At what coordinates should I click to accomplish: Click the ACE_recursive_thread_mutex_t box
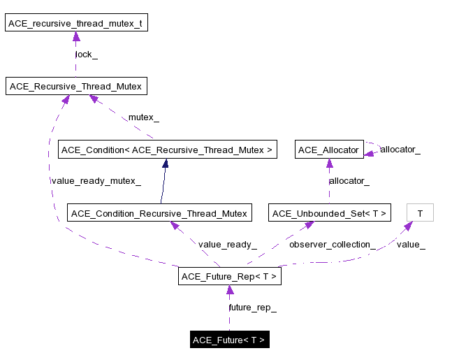click(x=75, y=24)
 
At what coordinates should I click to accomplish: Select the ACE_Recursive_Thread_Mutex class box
click(x=75, y=87)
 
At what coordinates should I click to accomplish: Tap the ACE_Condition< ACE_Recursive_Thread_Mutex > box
click(x=167, y=150)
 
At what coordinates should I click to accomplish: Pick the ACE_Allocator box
click(x=328, y=150)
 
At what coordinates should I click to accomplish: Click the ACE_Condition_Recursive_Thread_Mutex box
click(x=159, y=213)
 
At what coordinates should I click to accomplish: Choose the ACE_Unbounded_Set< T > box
click(x=329, y=213)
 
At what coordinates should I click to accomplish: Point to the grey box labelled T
click(x=419, y=213)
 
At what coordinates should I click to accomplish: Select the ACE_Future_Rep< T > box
click(x=229, y=276)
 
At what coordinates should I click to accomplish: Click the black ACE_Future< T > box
click(x=229, y=340)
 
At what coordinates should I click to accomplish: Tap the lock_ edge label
click(x=87, y=55)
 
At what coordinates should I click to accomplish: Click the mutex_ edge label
click(x=143, y=117)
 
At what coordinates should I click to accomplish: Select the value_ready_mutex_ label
click(x=96, y=181)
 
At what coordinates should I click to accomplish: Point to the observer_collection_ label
click(x=332, y=244)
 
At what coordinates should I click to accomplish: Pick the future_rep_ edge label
click(x=252, y=308)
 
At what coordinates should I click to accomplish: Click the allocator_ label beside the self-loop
click(x=400, y=149)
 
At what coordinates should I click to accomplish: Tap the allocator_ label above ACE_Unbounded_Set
click(x=349, y=181)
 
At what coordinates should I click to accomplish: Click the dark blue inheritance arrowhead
click(x=166, y=164)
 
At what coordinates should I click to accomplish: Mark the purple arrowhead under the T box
click(x=409, y=227)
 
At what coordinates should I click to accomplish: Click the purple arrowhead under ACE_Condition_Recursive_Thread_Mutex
click(x=175, y=226)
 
